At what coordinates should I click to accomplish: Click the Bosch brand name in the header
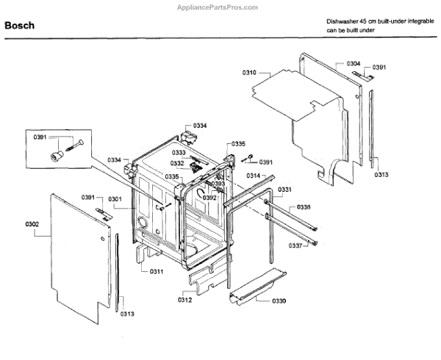19,26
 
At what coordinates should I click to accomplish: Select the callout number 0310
249,72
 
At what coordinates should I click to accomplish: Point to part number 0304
354,64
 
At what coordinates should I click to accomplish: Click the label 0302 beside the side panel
32,223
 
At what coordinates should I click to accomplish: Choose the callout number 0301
115,198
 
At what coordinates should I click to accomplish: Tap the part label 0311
156,272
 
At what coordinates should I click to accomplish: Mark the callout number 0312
184,300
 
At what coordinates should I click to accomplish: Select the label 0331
284,190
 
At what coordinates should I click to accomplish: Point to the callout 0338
303,208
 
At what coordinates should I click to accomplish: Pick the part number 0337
295,245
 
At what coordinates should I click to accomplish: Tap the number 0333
179,152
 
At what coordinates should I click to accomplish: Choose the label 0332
177,163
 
